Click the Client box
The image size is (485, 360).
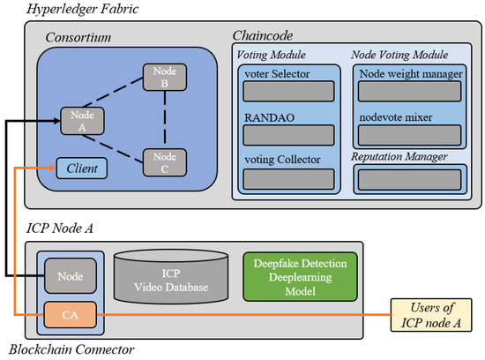coord(81,165)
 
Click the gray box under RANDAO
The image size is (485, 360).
coord(288,134)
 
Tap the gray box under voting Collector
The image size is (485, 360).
coord(288,177)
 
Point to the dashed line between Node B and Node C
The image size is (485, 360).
coord(163,119)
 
